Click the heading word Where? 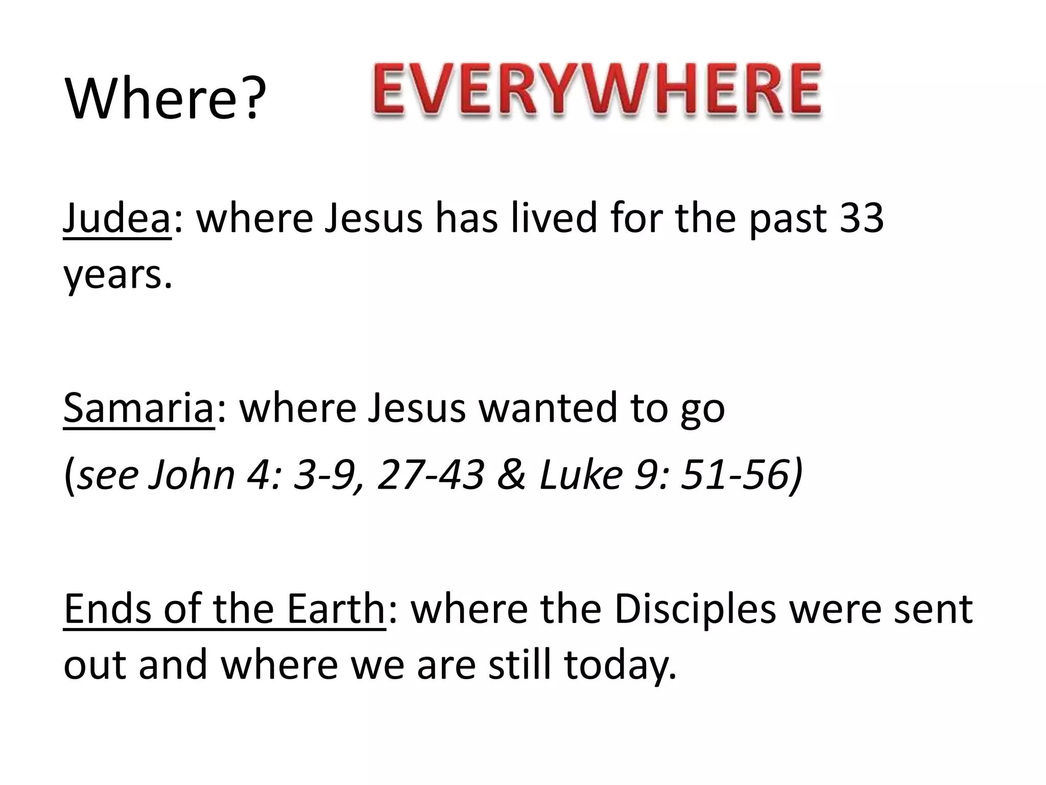point(165,97)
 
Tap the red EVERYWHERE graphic point(597,90)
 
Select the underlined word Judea point(116,218)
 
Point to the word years point(117,276)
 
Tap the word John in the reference point(191,475)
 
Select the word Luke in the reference point(581,475)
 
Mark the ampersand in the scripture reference point(511,475)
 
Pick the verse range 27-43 point(431,475)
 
